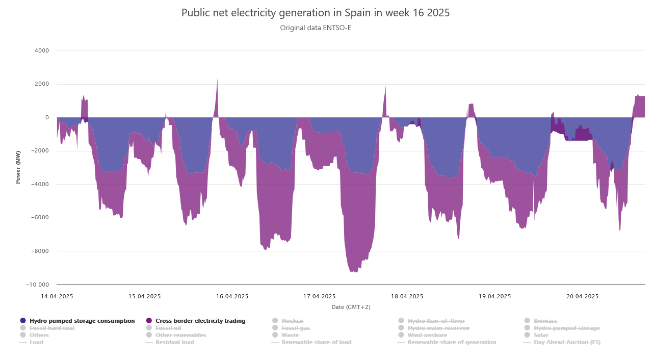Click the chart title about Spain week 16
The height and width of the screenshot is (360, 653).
pos(316,13)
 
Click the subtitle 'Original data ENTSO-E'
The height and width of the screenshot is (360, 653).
pos(316,28)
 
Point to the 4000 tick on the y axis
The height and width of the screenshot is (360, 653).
pos(42,50)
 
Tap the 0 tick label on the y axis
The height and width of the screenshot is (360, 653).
pos(47,117)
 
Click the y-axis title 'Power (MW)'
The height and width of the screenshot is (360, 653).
pos(18,167)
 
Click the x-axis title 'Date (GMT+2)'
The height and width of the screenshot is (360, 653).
pos(351,307)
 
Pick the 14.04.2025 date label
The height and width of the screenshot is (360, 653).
pos(57,296)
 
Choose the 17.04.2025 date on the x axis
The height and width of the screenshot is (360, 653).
pos(320,296)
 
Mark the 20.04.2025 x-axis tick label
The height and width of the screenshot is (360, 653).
pos(583,296)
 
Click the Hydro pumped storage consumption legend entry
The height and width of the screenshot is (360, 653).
pos(82,321)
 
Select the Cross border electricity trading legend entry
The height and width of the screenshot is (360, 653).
pos(200,321)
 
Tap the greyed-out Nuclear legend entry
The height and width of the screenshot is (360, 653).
pos(292,321)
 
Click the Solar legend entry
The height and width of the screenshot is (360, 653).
pos(541,335)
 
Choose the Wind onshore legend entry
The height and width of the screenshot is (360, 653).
pos(427,335)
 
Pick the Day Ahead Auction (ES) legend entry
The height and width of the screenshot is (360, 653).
pos(567,342)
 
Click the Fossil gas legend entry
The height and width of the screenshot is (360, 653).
pos(295,328)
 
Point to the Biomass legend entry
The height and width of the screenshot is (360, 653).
pos(545,321)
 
